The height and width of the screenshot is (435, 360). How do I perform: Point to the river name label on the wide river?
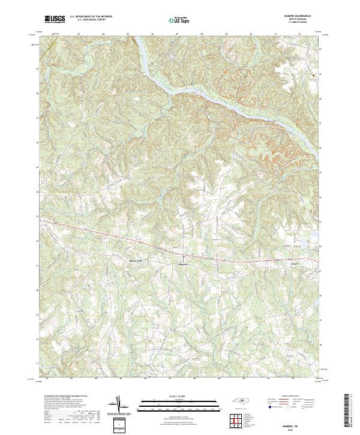[x=274, y=124]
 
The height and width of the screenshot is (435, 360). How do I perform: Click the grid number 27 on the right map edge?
[x=321, y=122]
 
